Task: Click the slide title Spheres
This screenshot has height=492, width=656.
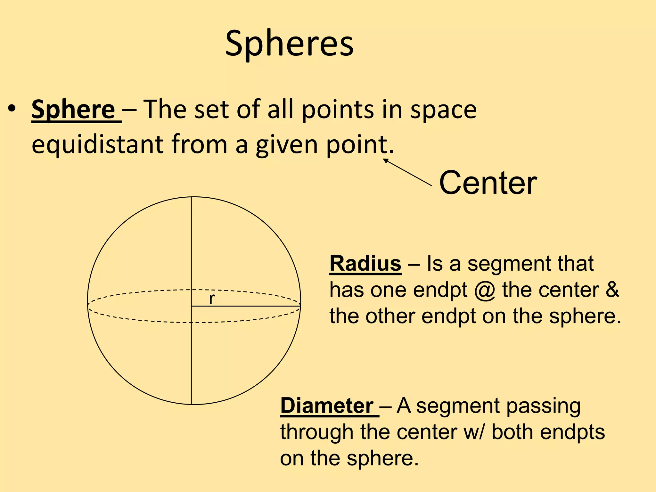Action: [289, 43]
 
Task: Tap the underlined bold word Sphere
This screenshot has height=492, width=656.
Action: [73, 110]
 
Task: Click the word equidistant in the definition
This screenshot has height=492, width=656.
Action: [98, 144]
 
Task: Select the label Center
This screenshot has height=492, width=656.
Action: [488, 183]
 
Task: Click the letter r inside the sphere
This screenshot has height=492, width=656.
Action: [212, 299]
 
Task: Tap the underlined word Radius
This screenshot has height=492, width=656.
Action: [365, 264]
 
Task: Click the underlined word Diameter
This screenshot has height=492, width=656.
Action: [327, 406]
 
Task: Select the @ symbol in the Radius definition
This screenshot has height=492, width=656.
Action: [485, 290]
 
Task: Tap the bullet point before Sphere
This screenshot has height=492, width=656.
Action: [12, 109]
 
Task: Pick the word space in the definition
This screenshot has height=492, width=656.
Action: [443, 110]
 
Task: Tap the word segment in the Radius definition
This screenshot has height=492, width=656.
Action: [510, 264]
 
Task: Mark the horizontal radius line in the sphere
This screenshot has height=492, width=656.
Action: [246, 306]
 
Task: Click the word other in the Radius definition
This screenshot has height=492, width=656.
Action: [391, 316]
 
